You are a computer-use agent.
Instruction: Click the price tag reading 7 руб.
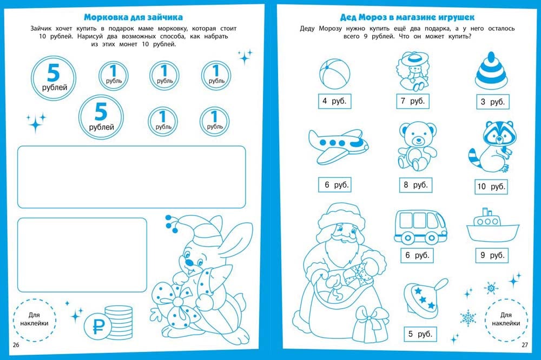pyautogui.click(x=412, y=102)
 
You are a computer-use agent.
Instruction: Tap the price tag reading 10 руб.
pyautogui.click(x=491, y=187)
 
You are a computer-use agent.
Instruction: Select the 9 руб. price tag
pyautogui.click(x=492, y=256)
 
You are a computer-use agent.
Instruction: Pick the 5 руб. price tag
pyautogui.click(x=420, y=334)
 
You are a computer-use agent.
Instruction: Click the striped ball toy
pyautogui.click(x=334, y=74)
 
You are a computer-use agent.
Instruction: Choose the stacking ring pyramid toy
pyautogui.click(x=491, y=70)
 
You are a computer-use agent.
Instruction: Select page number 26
pyautogui.click(x=16, y=345)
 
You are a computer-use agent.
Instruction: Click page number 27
pyautogui.click(x=524, y=345)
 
